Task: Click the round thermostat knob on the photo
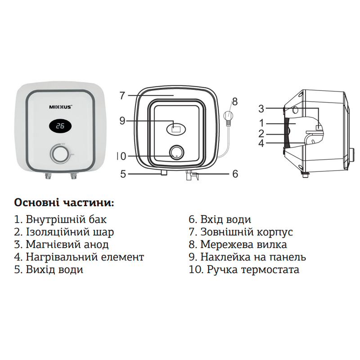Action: pos(59,154)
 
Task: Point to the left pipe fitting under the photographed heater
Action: pos(48,176)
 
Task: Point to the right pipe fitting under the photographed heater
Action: pos(72,176)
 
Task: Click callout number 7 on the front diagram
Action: pos(122,95)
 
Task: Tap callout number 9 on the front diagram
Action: pos(122,120)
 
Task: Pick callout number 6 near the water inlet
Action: pos(234,174)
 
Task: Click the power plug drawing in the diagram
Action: pos(229,118)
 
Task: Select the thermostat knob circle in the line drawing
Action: pos(176,153)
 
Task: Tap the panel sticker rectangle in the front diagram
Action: pos(176,128)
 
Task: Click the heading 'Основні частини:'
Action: pos(64,202)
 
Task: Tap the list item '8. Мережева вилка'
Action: pos(238,245)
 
